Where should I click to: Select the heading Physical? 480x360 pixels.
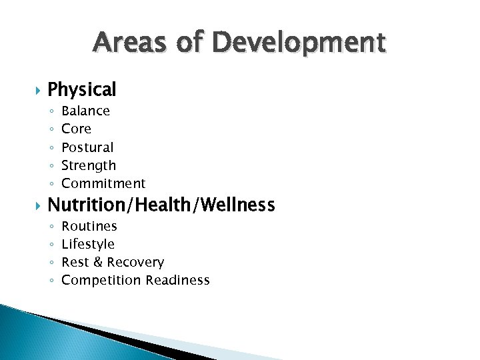pyautogui.click(x=82, y=89)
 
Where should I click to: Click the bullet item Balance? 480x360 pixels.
pyautogui.click(x=85, y=111)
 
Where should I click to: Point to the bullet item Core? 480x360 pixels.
pyautogui.click(x=76, y=129)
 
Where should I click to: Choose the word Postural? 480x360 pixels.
pyautogui.click(x=87, y=147)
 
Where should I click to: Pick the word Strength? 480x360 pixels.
pyautogui.click(x=89, y=165)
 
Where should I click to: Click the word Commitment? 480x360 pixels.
pyautogui.click(x=103, y=183)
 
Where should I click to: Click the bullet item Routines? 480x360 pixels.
pyautogui.click(x=89, y=226)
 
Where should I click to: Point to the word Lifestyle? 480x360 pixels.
pyautogui.click(x=88, y=245)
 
